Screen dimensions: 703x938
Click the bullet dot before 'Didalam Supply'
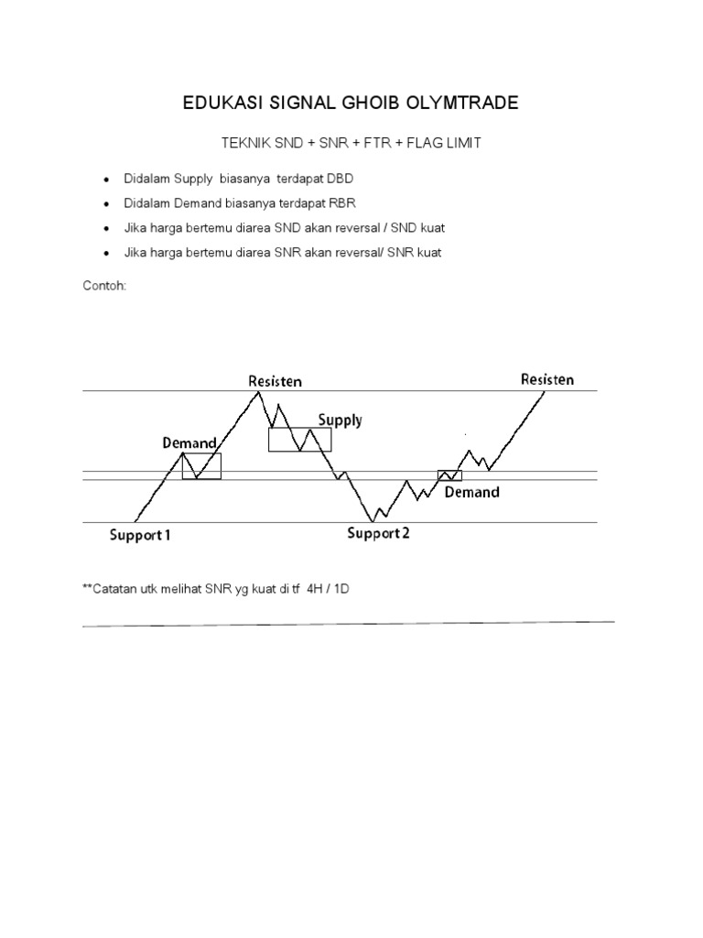(x=108, y=180)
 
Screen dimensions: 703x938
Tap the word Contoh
(x=104, y=285)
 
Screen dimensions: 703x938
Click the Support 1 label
(x=140, y=536)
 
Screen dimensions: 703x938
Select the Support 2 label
(x=378, y=534)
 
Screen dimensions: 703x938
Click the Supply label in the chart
(x=340, y=420)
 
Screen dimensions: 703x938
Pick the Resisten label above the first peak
(x=275, y=380)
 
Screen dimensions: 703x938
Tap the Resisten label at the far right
(x=547, y=379)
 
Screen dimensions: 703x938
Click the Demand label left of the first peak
(x=189, y=443)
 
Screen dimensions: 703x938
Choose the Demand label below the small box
(x=472, y=492)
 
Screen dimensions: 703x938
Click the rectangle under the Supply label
(x=299, y=440)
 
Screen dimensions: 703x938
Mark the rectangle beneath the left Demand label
(x=201, y=466)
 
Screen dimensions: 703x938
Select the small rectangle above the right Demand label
(x=449, y=475)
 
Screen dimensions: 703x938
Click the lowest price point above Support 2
(x=373, y=521)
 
